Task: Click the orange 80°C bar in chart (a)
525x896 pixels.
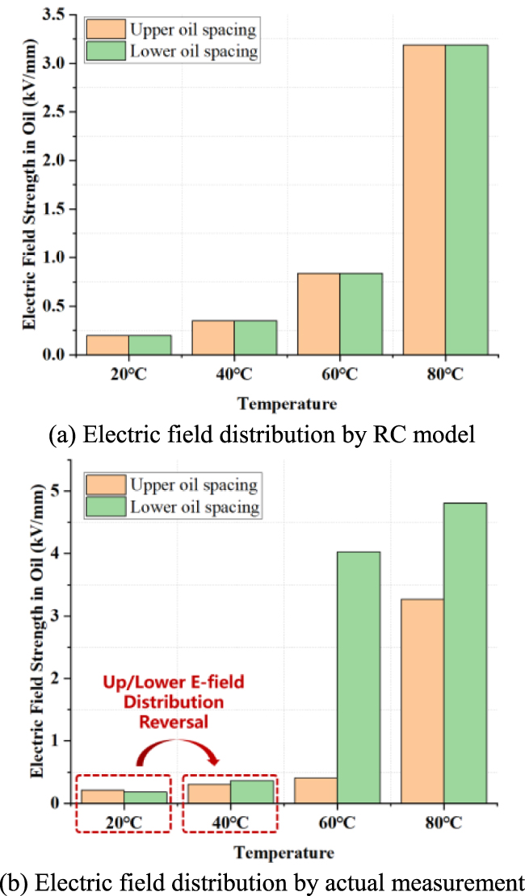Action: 424,199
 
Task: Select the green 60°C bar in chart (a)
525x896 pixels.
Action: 361,314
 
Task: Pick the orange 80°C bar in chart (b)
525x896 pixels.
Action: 422,701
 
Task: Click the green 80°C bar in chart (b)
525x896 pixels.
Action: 464,653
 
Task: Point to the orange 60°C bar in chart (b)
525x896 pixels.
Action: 316,790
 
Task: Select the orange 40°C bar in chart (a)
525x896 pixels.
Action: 213,337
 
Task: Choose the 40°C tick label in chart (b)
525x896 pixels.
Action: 230,823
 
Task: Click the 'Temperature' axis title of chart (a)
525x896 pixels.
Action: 287,403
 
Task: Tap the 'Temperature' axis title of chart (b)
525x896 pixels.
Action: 283,852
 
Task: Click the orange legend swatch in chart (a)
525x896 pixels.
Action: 105,30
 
